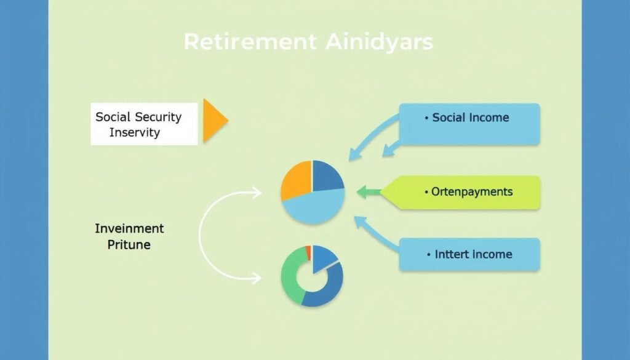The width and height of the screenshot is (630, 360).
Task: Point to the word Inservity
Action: tap(135, 132)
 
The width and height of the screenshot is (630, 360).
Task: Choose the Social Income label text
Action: tap(471, 118)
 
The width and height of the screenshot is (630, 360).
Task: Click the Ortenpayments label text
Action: tap(472, 192)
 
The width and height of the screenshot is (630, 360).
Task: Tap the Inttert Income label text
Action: tap(473, 254)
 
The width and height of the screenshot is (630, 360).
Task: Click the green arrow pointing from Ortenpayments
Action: tap(369, 191)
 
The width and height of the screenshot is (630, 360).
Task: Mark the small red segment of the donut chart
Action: tap(308, 253)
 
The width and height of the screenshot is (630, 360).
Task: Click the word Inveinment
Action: tap(129, 229)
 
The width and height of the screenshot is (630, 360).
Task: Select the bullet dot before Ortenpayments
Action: tap(426, 193)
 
